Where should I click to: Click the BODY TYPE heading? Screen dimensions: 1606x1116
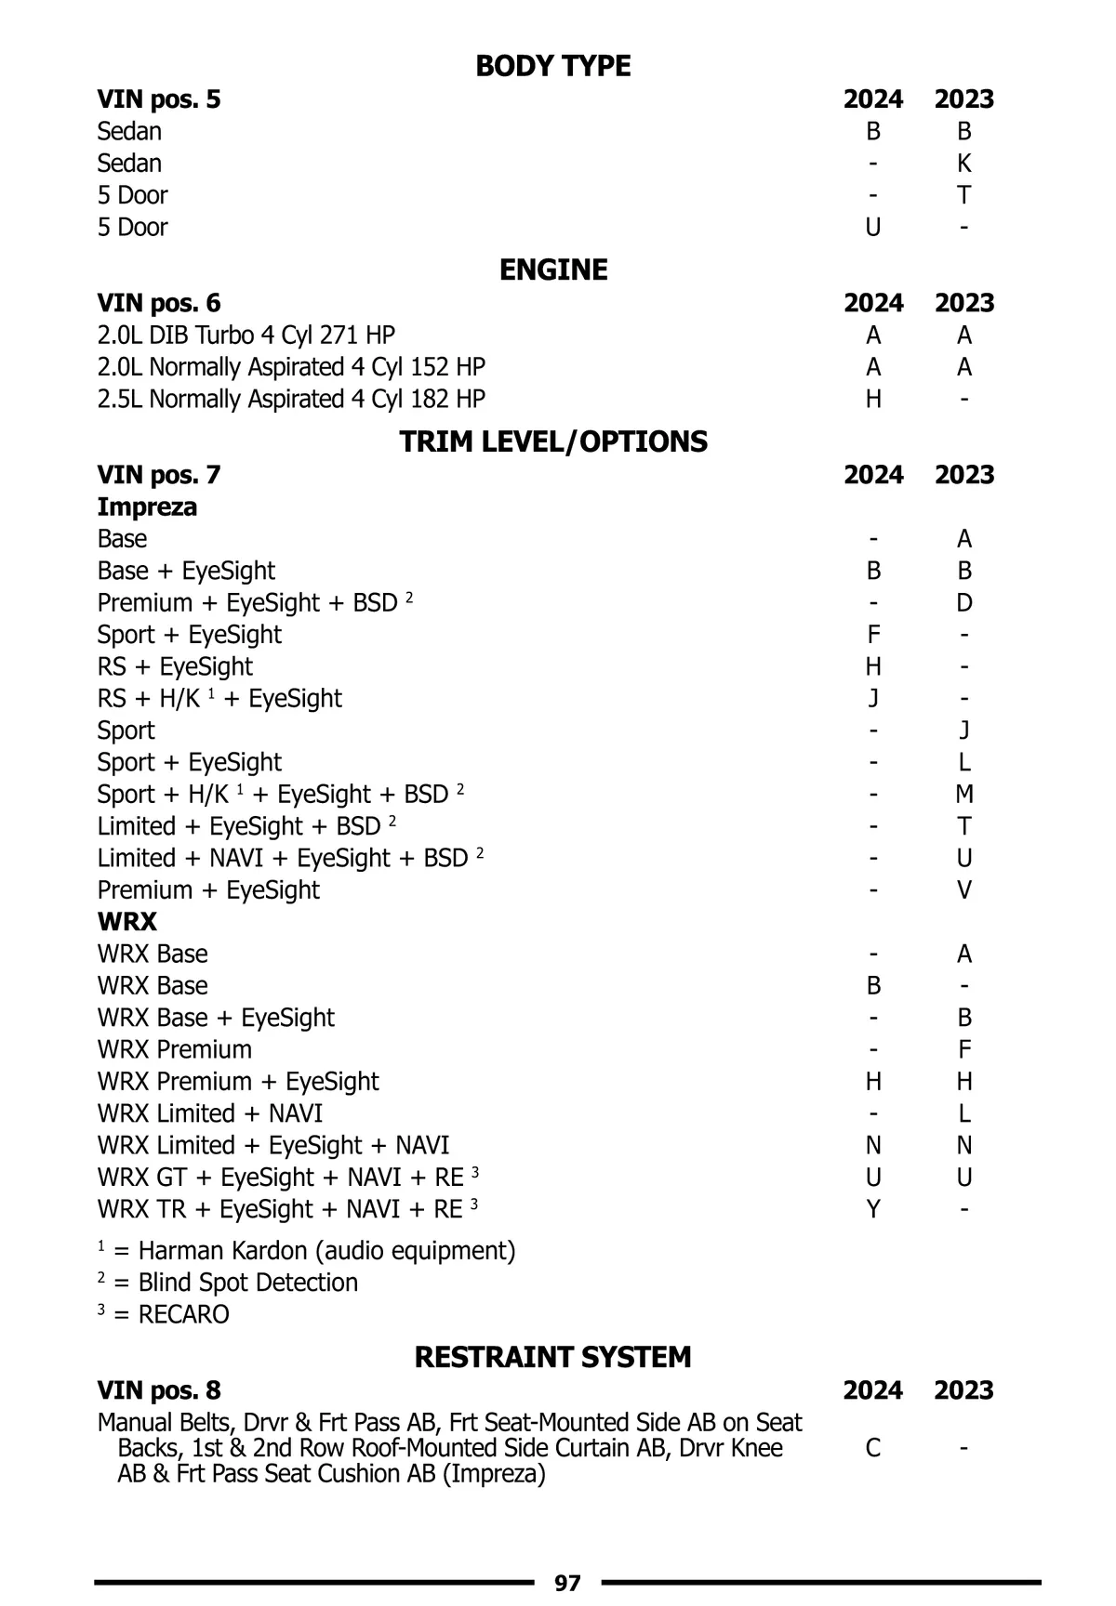click(552, 66)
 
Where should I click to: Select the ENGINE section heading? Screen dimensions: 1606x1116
click(553, 270)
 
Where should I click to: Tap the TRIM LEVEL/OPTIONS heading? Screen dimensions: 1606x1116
click(553, 441)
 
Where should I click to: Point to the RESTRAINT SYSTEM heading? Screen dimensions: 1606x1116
click(552, 1357)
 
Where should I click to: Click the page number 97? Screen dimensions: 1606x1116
click(567, 1583)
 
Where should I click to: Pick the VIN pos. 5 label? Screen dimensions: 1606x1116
click(159, 99)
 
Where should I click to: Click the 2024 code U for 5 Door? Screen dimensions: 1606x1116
click(872, 227)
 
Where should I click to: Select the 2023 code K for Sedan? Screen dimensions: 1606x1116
click(963, 164)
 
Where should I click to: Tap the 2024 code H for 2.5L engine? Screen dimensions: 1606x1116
click(872, 399)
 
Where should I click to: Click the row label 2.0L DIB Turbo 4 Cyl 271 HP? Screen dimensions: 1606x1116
click(246, 335)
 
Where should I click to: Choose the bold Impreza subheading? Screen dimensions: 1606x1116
click(147, 507)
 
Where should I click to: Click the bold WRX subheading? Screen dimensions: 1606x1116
click(127, 922)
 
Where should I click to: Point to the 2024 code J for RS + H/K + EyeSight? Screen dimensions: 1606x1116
click(872, 698)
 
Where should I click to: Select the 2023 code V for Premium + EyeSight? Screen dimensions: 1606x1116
click(963, 889)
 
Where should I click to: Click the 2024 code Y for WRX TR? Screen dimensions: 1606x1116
click(872, 1209)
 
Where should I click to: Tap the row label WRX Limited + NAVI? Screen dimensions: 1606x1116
click(210, 1113)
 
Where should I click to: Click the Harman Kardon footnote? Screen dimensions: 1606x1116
click(307, 1251)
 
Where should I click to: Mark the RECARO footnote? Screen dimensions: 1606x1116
click(164, 1314)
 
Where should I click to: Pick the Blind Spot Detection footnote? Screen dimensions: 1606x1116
click(228, 1283)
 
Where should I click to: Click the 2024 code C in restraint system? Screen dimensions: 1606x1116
click(872, 1448)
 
